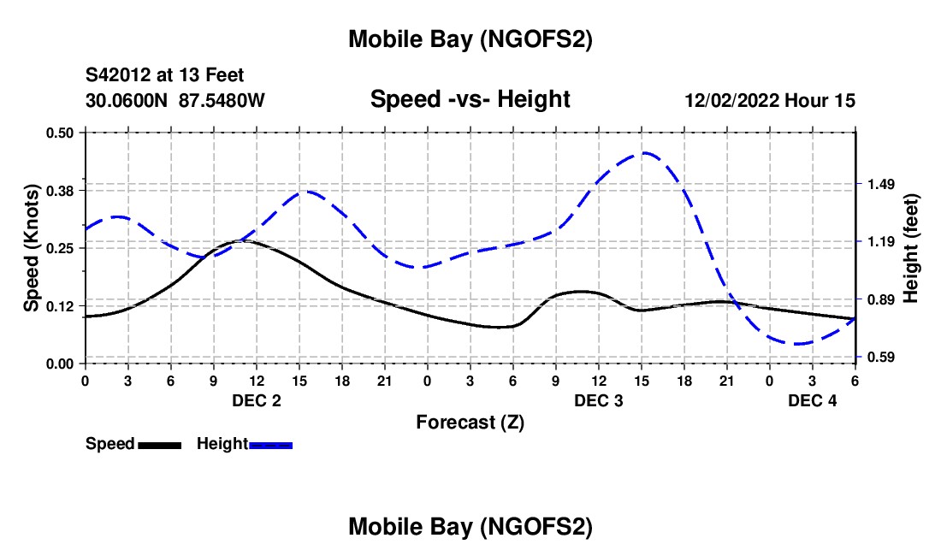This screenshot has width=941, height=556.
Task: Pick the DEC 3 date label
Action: [599, 400]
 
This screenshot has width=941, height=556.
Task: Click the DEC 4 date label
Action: [813, 400]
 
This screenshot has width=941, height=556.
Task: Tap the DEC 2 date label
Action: [257, 400]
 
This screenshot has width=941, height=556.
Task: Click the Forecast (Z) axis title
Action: [470, 422]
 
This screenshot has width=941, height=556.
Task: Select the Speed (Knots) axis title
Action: [32, 248]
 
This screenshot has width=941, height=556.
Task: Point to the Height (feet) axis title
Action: [911, 248]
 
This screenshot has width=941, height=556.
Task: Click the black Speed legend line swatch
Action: [160, 444]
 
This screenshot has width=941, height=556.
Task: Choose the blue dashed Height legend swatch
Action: [271, 444]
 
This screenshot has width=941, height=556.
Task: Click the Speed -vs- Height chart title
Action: [470, 100]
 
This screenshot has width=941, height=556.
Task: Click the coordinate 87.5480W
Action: [222, 100]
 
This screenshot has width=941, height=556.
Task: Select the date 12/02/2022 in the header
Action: [731, 100]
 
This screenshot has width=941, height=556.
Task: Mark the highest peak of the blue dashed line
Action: [645, 153]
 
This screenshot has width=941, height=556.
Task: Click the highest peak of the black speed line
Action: [242, 240]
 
